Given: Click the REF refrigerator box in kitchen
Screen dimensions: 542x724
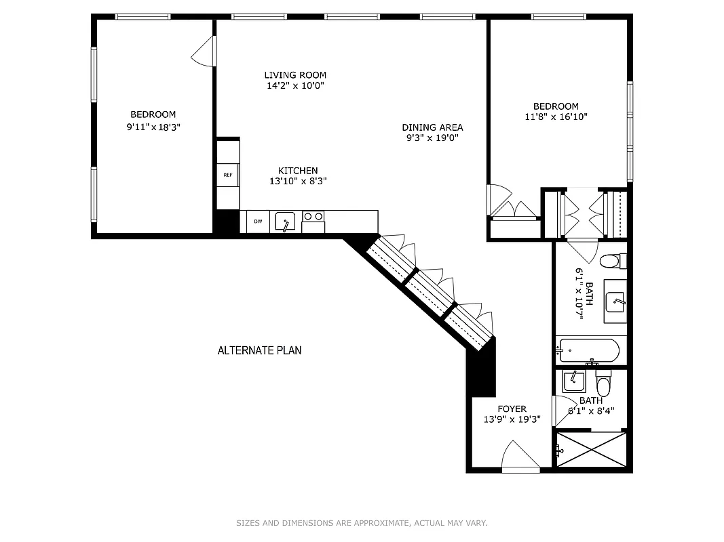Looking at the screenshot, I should click(228, 175).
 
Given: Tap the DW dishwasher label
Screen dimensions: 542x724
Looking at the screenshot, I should click(258, 222).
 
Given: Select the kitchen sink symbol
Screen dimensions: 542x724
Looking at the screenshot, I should click(285, 222).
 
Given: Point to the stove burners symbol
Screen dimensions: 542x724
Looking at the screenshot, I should click(313, 217).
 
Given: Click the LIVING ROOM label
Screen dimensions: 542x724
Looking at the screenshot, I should click(295, 75).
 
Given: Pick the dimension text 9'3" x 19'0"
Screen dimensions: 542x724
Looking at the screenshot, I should click(432, 138).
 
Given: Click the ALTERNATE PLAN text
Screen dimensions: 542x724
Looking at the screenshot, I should click(259, 350).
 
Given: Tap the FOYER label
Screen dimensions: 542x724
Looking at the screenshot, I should click(512, 409).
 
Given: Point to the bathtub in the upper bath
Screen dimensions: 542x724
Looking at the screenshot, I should click(588, 351).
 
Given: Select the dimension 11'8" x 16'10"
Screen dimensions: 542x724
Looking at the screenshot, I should click(556, 117).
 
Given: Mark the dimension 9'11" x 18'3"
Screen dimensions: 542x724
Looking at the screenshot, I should click(153, 126).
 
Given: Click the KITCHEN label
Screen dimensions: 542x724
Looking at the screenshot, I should click(298, 170).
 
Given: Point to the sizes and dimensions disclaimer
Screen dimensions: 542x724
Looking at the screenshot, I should click(362, 522).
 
